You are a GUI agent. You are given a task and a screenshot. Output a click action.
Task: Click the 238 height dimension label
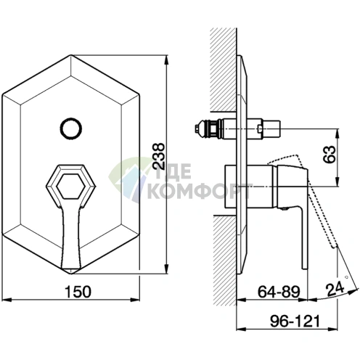coord(160,156)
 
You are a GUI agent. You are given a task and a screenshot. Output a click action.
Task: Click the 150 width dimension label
coord(78,292)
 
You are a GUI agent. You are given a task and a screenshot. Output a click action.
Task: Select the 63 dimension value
coord(331,154)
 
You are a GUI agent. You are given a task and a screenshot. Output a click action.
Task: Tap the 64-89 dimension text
coord(279,292)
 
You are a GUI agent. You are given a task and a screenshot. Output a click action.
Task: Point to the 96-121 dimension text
coord(295,321)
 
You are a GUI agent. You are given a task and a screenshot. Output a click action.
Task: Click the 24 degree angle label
coord(335,288)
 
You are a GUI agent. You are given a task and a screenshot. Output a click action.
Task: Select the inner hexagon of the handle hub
coord(71,187)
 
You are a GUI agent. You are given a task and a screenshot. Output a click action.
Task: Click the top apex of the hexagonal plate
coord(71,55)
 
